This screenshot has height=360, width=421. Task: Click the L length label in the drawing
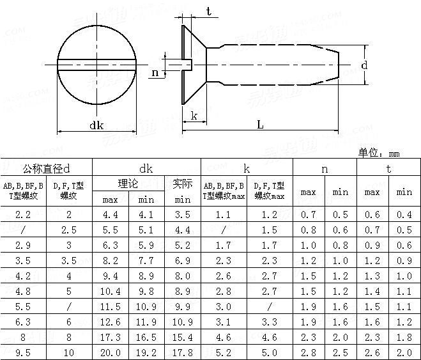pos(260,125)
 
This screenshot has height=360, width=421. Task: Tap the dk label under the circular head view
pos(96,125)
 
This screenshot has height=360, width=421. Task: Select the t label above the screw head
pos(209,11)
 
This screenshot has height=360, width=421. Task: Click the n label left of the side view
pos(155,73)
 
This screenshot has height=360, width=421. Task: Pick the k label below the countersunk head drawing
pos(194,116)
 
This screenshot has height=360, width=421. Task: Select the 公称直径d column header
pos(46,169)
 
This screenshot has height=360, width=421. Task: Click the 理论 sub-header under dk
pos(128,184)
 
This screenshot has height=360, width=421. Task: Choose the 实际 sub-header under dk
pos(183,184)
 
